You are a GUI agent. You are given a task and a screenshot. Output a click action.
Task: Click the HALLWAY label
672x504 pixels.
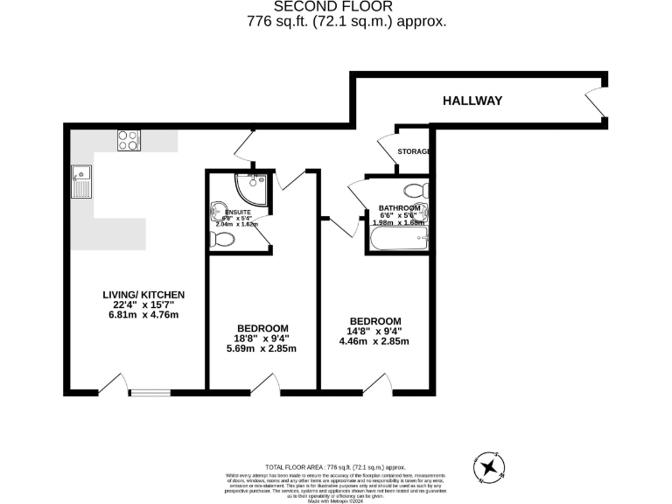click(472, 101)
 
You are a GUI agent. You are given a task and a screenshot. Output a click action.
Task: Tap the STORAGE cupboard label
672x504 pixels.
click(414, 151)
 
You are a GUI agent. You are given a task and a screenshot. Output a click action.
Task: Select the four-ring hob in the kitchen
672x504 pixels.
click(129, 140)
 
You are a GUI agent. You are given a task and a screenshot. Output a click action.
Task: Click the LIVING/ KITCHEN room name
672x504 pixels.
click(143, 294)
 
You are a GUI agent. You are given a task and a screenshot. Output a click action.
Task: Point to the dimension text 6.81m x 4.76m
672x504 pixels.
click(143, 315)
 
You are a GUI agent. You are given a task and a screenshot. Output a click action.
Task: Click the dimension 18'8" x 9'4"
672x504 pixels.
click(262, 338)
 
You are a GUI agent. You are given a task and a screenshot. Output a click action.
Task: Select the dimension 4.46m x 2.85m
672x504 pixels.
click(374, 342)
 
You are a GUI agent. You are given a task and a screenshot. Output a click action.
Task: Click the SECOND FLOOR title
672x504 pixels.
click(336, 8)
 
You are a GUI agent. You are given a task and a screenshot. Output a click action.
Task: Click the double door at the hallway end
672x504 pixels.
click(596, 98)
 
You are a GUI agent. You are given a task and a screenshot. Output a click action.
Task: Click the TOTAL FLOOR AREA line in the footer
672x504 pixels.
click(336, 468)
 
